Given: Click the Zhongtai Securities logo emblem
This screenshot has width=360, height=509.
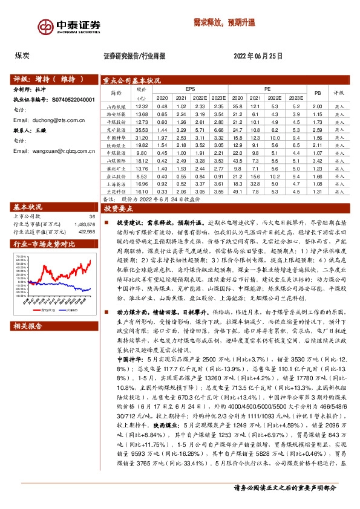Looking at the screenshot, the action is point(43,27).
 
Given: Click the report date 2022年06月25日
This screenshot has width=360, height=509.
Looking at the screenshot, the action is point(258,56).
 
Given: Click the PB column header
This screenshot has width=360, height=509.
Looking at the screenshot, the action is point(318,92).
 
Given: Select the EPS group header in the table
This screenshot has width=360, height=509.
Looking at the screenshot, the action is point(191,88).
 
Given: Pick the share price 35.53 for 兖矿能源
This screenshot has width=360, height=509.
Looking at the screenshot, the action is point(142,130).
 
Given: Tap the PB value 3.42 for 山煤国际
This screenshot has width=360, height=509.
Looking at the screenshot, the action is point(317,161).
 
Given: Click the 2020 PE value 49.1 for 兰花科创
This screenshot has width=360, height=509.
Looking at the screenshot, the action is point(238,192).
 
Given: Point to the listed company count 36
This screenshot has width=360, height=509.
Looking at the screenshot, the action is point(92,216).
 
